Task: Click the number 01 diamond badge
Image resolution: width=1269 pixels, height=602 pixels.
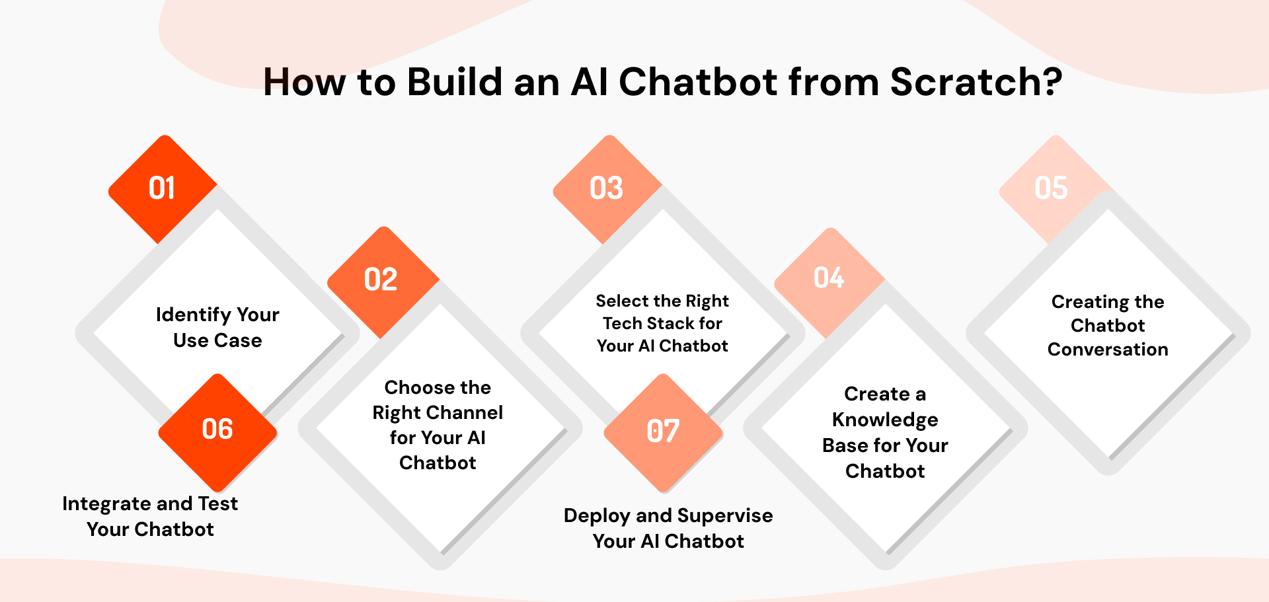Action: click(162, 189)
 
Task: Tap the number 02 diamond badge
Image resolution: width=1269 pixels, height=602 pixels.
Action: click(381, 280)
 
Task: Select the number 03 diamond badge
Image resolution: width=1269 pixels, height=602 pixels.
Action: click(607, 189)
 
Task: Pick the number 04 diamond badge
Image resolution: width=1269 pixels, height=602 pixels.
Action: click(829, 279)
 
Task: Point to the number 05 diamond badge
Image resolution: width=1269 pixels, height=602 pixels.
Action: click(1051, 189)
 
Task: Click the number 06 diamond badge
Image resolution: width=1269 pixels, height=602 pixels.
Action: click(217, 430)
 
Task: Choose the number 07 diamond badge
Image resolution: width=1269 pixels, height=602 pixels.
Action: click(663, 432)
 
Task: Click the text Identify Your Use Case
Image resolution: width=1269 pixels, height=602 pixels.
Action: click(217, 327)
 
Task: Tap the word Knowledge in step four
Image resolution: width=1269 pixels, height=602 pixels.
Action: click(885, 420)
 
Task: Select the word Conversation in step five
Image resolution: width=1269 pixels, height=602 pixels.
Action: click(1108, 350)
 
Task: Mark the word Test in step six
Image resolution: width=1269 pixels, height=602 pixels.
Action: click(217, 504)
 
